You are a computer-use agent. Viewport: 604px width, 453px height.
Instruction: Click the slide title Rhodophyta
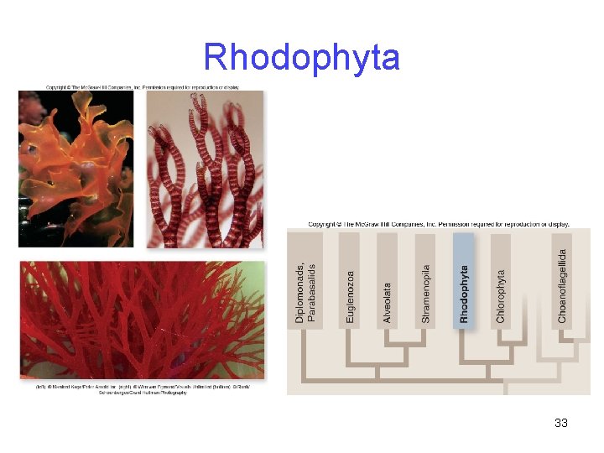click(301, 57)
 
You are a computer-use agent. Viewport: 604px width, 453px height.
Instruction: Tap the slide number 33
click(561, 423)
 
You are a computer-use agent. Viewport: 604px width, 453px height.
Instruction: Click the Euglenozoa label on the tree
click(351, 295)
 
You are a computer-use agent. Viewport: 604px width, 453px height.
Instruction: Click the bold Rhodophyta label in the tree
click(464, 294)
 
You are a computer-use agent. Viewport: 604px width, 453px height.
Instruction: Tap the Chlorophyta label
click(501, 295)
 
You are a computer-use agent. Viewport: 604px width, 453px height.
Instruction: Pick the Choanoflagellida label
click(562, 285)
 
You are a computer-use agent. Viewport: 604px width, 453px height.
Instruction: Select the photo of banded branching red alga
click(205, 168)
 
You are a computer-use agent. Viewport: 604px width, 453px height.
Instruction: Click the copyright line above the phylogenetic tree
click(439, 225)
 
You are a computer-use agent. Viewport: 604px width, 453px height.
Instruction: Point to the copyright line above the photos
click(143, 86)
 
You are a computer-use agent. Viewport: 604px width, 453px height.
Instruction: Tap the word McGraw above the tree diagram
click(367, 225)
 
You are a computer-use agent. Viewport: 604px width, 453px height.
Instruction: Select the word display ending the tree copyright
click(557, 225)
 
